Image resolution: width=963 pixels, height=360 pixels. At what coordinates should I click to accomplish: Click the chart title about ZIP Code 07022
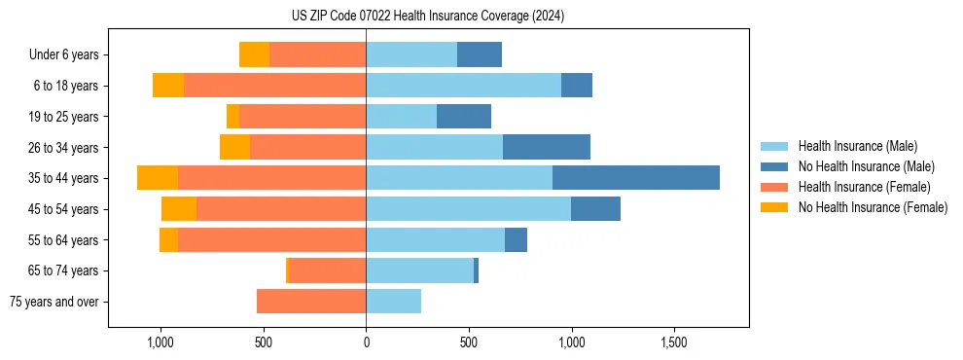click(x=428, y=17)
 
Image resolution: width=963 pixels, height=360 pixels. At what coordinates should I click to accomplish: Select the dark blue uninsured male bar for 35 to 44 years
click(x=636, y=178)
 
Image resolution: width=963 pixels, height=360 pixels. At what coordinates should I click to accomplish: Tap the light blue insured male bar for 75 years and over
click(x=393, y=302)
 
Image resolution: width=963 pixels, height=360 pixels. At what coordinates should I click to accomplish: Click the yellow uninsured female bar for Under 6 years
click(x=254, y=54)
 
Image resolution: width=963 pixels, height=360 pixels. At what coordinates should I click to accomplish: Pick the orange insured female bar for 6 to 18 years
click(x=274, y=86)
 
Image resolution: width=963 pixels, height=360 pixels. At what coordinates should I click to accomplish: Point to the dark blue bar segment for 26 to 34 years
click(x=547, y=147)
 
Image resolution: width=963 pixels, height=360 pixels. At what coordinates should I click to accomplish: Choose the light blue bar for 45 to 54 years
click(x=468, y=209)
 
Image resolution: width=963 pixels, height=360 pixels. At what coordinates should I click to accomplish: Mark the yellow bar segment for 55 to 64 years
click(x=168, y=240)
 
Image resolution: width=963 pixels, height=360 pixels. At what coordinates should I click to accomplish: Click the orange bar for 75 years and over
click(x=311, y=302)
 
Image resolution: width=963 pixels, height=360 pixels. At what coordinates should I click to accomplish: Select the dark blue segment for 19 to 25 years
click(x=464, y=117)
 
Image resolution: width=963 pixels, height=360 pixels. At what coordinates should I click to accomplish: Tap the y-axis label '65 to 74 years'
click(x=64, y=270)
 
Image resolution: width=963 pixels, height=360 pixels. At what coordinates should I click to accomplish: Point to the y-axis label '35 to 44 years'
click(x=64, y=178)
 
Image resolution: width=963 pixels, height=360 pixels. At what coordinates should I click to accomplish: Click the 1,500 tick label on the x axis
click(x=674, y=343)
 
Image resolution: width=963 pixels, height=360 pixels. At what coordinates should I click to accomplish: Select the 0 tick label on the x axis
click(x=366, y=343)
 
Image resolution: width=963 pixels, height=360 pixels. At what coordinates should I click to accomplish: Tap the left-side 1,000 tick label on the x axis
click(x=160, y=343)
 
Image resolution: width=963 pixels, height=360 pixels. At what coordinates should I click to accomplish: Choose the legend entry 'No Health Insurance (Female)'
click(x=873, y=207)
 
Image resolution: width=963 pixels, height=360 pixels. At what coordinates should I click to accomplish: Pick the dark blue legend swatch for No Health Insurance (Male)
click(x=774, y=166)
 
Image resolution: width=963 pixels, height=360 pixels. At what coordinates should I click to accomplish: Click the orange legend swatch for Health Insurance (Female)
click(x=774, y=187)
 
